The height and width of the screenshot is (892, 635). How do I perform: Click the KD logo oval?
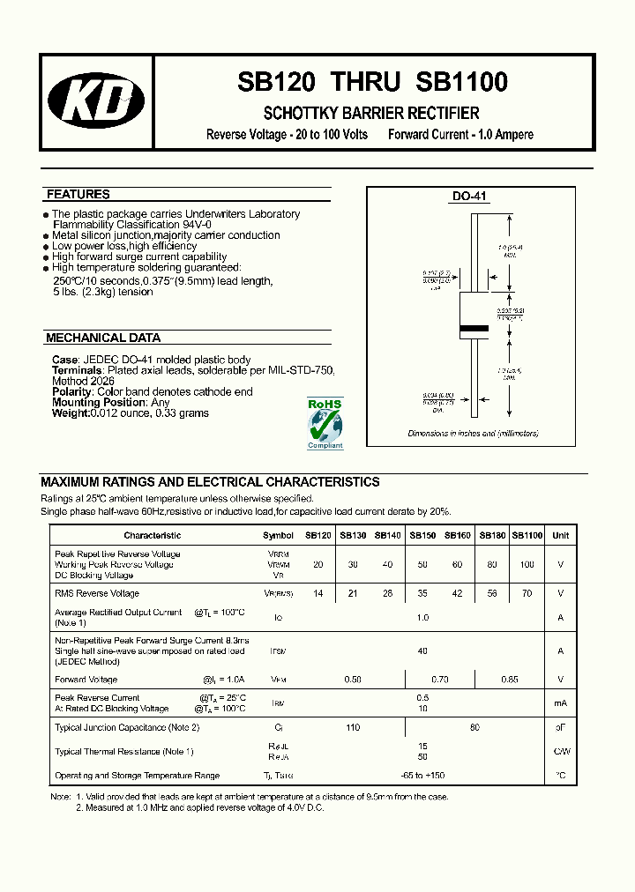pos(96,103)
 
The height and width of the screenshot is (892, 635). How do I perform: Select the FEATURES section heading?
pos(78,195)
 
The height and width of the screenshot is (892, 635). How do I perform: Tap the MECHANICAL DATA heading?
pos(102,338)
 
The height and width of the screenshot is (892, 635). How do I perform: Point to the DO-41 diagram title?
pos(469,197)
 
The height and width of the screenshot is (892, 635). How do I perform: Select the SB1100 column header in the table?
pos(527,535)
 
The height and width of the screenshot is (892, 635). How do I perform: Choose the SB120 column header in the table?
pos(318,535)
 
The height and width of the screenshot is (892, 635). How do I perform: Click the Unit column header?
pos(560,535)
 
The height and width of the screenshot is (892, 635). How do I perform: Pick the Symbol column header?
pos(278,535)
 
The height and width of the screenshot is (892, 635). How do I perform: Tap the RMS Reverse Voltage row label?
pos(97,593)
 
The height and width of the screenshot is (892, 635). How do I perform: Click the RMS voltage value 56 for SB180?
pos(491,593)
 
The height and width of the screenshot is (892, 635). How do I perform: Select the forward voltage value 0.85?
pos(509,680)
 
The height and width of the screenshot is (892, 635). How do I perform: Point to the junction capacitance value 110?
pos(353,727)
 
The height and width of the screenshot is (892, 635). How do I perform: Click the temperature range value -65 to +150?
pos(423,776)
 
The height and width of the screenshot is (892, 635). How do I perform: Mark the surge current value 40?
pos(422,651)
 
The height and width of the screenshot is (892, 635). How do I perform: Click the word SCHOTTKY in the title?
pos(295,114)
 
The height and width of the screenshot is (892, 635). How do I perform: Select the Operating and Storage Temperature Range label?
pos(137,776)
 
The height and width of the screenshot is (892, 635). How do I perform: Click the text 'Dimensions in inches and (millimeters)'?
pos(473,434)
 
